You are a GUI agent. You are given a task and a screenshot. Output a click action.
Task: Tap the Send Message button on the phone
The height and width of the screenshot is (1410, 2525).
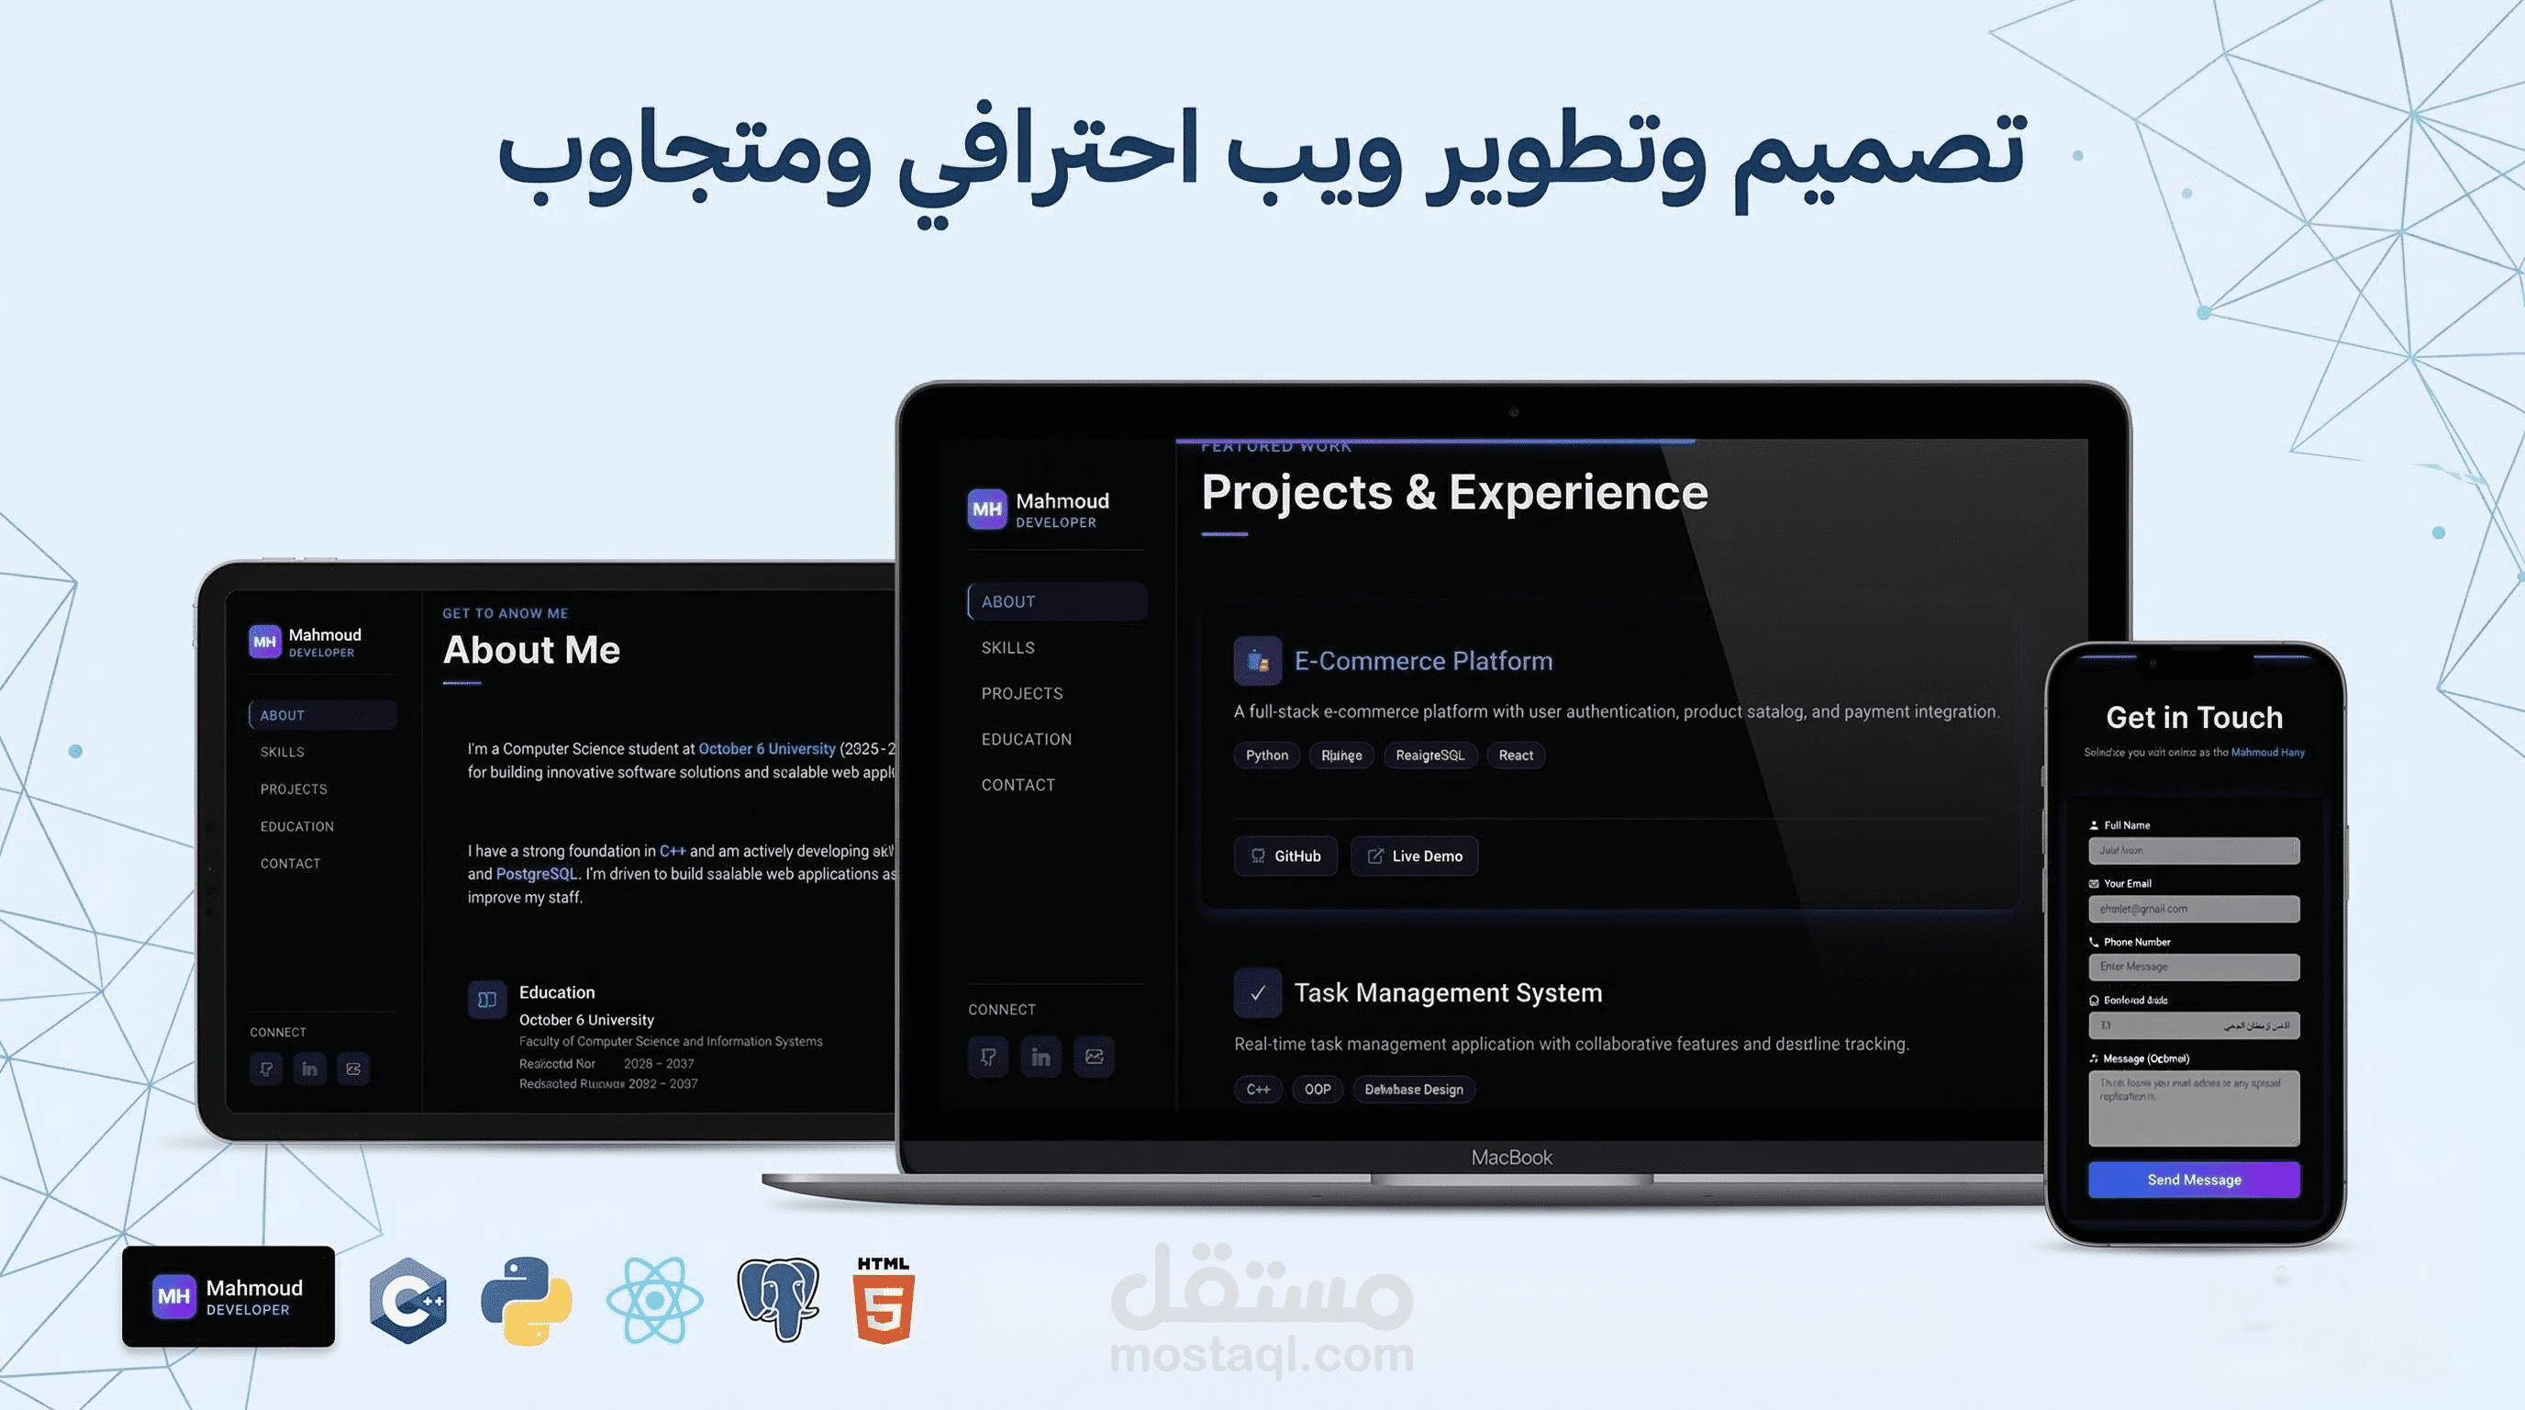pyautogui.click(x=2193, y=1180)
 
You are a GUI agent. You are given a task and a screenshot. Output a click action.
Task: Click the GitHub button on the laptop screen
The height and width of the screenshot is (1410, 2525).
pyautogui.click(x=1285, y=856)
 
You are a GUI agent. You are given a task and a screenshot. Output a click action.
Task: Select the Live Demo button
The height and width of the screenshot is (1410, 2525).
pyautogui.click(x=1414, y=856)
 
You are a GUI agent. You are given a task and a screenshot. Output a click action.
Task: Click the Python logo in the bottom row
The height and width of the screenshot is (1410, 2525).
pyautogui.click(x=527, y=1300)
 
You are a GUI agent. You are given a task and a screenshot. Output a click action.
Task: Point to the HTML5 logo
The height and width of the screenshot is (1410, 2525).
pyautogui.click(x=884, y=1300)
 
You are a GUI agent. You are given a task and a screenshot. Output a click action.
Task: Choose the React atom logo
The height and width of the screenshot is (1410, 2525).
pyautogui.click(x=655, y=1300)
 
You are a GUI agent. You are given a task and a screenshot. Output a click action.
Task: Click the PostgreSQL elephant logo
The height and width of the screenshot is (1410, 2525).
pyautogui.click(x=778, y=1300)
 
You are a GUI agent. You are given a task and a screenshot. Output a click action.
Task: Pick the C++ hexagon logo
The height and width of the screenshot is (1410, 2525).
pyautogui.click(x=408, y=1300)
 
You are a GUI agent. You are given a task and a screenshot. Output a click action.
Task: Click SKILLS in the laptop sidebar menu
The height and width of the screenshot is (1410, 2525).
pyautogui.click(x=1007, y=648)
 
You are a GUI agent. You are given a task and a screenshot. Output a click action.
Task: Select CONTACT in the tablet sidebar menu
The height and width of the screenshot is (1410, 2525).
pyautogui.click(x=290, y=864)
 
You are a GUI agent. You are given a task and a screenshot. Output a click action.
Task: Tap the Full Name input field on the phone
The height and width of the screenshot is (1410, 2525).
pyautogui.click(x=2193, y=850)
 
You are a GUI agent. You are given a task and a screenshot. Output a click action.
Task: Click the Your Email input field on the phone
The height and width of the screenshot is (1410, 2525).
pyautogui.click(x=2193, y=909)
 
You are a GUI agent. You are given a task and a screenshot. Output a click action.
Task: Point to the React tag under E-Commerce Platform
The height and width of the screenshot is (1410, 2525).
pyautogui.click(x=1516, y=755)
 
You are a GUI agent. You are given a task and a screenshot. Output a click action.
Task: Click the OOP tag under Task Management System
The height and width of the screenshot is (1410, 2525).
pyautogui.click(x=1318, y=1090)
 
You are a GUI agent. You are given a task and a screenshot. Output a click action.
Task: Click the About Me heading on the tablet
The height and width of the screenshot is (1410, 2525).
pyautogui.click(x=531, y=650)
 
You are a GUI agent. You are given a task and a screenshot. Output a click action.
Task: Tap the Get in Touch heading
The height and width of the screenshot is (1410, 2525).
pyautogui.click(x=2194, y=718)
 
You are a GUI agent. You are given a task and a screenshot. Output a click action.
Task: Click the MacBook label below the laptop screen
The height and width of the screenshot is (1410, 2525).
pyautogui.click(x=1511, y=1158)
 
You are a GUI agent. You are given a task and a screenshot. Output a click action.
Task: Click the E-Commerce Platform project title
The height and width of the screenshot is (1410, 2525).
pyautogui.click(x=1423, y=661)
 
